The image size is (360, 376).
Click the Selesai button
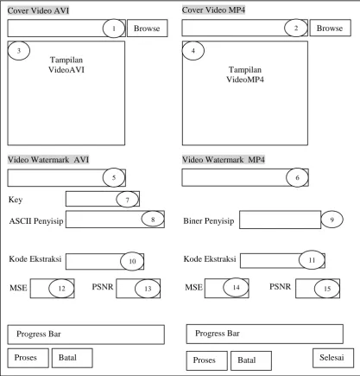333,358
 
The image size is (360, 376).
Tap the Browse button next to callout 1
147,29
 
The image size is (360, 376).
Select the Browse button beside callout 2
330,28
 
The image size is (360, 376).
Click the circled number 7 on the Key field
128,200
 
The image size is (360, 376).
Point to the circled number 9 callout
332,220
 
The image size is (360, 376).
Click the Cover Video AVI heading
38,10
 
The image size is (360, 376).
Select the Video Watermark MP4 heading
224,159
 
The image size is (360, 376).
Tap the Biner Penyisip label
209,221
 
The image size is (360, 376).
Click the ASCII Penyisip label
36,221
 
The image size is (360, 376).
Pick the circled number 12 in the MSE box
61,288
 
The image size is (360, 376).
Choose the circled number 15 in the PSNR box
327,289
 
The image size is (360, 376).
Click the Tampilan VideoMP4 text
245,74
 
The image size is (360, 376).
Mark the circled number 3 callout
19,51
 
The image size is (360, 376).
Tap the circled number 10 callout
132,261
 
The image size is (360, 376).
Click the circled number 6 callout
297,177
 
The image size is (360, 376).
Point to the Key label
16,200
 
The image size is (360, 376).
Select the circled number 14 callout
236,287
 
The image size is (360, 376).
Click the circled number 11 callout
312,260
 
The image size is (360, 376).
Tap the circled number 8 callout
153,219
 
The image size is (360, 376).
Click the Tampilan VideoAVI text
66,65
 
